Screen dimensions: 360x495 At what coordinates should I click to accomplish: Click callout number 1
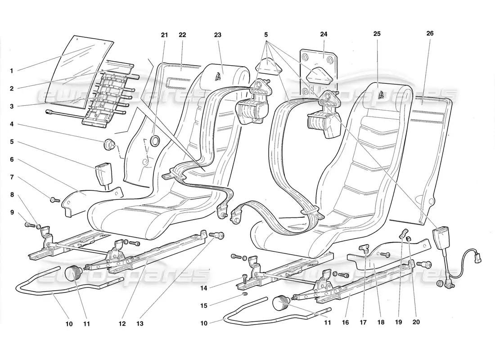pyautogui.click(x=12, y=70)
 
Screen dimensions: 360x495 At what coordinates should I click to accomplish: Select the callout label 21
pyautogui.click(x=164, y=35)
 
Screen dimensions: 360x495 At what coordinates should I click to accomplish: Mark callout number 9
pyautogui.click(x=12, y=212)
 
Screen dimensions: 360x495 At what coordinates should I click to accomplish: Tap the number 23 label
pyautogui.click(x=218, y=35)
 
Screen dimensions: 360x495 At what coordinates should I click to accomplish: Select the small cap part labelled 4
pyautogui.click(x=110, y=145)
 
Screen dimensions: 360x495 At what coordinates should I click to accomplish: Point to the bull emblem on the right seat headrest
pyautogui.click(x=381, y=95)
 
